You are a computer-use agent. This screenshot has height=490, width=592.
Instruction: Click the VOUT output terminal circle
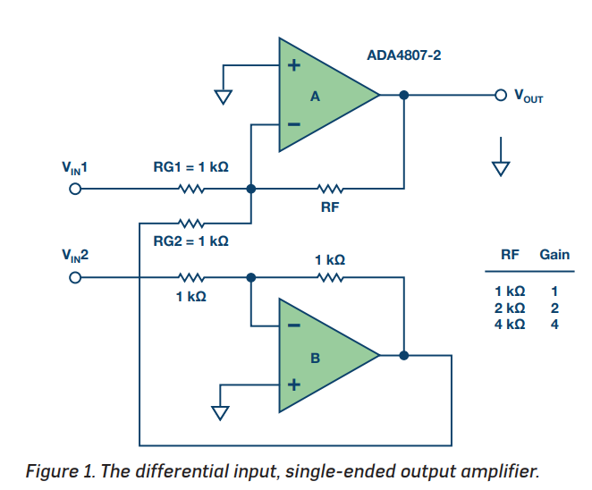[x=501, y=95]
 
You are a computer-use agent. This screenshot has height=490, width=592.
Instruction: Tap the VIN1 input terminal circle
[x=75, y=189]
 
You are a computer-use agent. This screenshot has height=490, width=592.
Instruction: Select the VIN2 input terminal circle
[x=75, y=278]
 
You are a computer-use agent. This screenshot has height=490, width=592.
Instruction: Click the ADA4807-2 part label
[x=403, y=55]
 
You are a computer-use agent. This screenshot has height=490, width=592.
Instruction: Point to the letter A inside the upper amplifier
[x=315, y=97]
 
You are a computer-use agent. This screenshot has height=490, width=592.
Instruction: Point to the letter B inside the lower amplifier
[x=315, y=358]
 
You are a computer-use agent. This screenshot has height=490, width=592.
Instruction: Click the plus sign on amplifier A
[x=293, y=65]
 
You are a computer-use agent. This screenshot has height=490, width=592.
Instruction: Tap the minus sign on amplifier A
[x=293, y=124]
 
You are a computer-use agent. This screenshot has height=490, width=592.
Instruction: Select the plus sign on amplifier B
[x=293, y=384]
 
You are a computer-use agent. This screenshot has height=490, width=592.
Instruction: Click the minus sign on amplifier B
[x=293, y=325]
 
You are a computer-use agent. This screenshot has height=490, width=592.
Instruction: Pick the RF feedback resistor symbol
[x=330, y=189]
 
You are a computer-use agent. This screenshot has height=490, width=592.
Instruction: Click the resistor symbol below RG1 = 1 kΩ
[x=191, y=189]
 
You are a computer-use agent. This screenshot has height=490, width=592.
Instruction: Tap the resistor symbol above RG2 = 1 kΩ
[x=191, y=224]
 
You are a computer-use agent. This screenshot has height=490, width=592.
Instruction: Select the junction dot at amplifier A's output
[x=404, y=95]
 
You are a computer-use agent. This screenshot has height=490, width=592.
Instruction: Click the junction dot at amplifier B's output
[x=404, y=355]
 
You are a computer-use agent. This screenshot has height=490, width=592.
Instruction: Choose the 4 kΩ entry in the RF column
[x=510, y=325]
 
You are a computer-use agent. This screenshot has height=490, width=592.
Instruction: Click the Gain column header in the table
[x=554, y=255]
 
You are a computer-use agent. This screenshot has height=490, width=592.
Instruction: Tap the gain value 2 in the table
[x=554, y=308]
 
